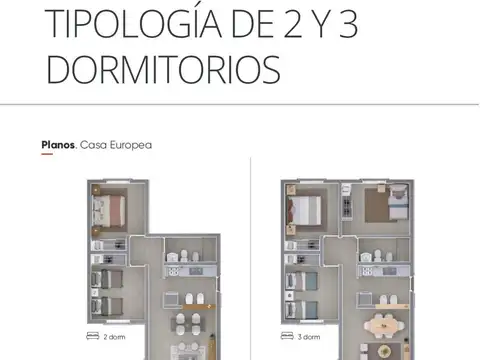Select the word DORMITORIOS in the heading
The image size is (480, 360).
(x=163, y=70)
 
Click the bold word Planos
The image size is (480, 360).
(x=58, y=145)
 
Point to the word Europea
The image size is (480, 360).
(x=131, y=145)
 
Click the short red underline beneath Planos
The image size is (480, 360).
(x=47, y=154)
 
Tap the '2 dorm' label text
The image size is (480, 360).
(x=114, y=337)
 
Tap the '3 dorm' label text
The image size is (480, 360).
(x=309, y=337)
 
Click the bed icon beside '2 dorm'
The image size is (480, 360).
(x=93, y=336)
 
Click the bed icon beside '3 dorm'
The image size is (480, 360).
(x=287, y=336)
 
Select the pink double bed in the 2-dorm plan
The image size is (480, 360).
(x=109, y=211)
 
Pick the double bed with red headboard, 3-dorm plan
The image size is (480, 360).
(x=304, y=210)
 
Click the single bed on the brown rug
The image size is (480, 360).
(x=398, y=202)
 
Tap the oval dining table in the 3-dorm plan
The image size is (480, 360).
(x=384, y=325)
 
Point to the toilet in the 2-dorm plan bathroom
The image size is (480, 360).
(x=184, y=256)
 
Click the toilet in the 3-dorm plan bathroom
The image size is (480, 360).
(x=377, y=256)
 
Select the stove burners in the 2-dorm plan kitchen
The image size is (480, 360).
(x=173, y=271)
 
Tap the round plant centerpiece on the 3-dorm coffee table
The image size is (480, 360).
(x=384, y=351)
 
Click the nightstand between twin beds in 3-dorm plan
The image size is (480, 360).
(x=290, y=295)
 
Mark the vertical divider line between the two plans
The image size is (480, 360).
(x=250, y=259)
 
